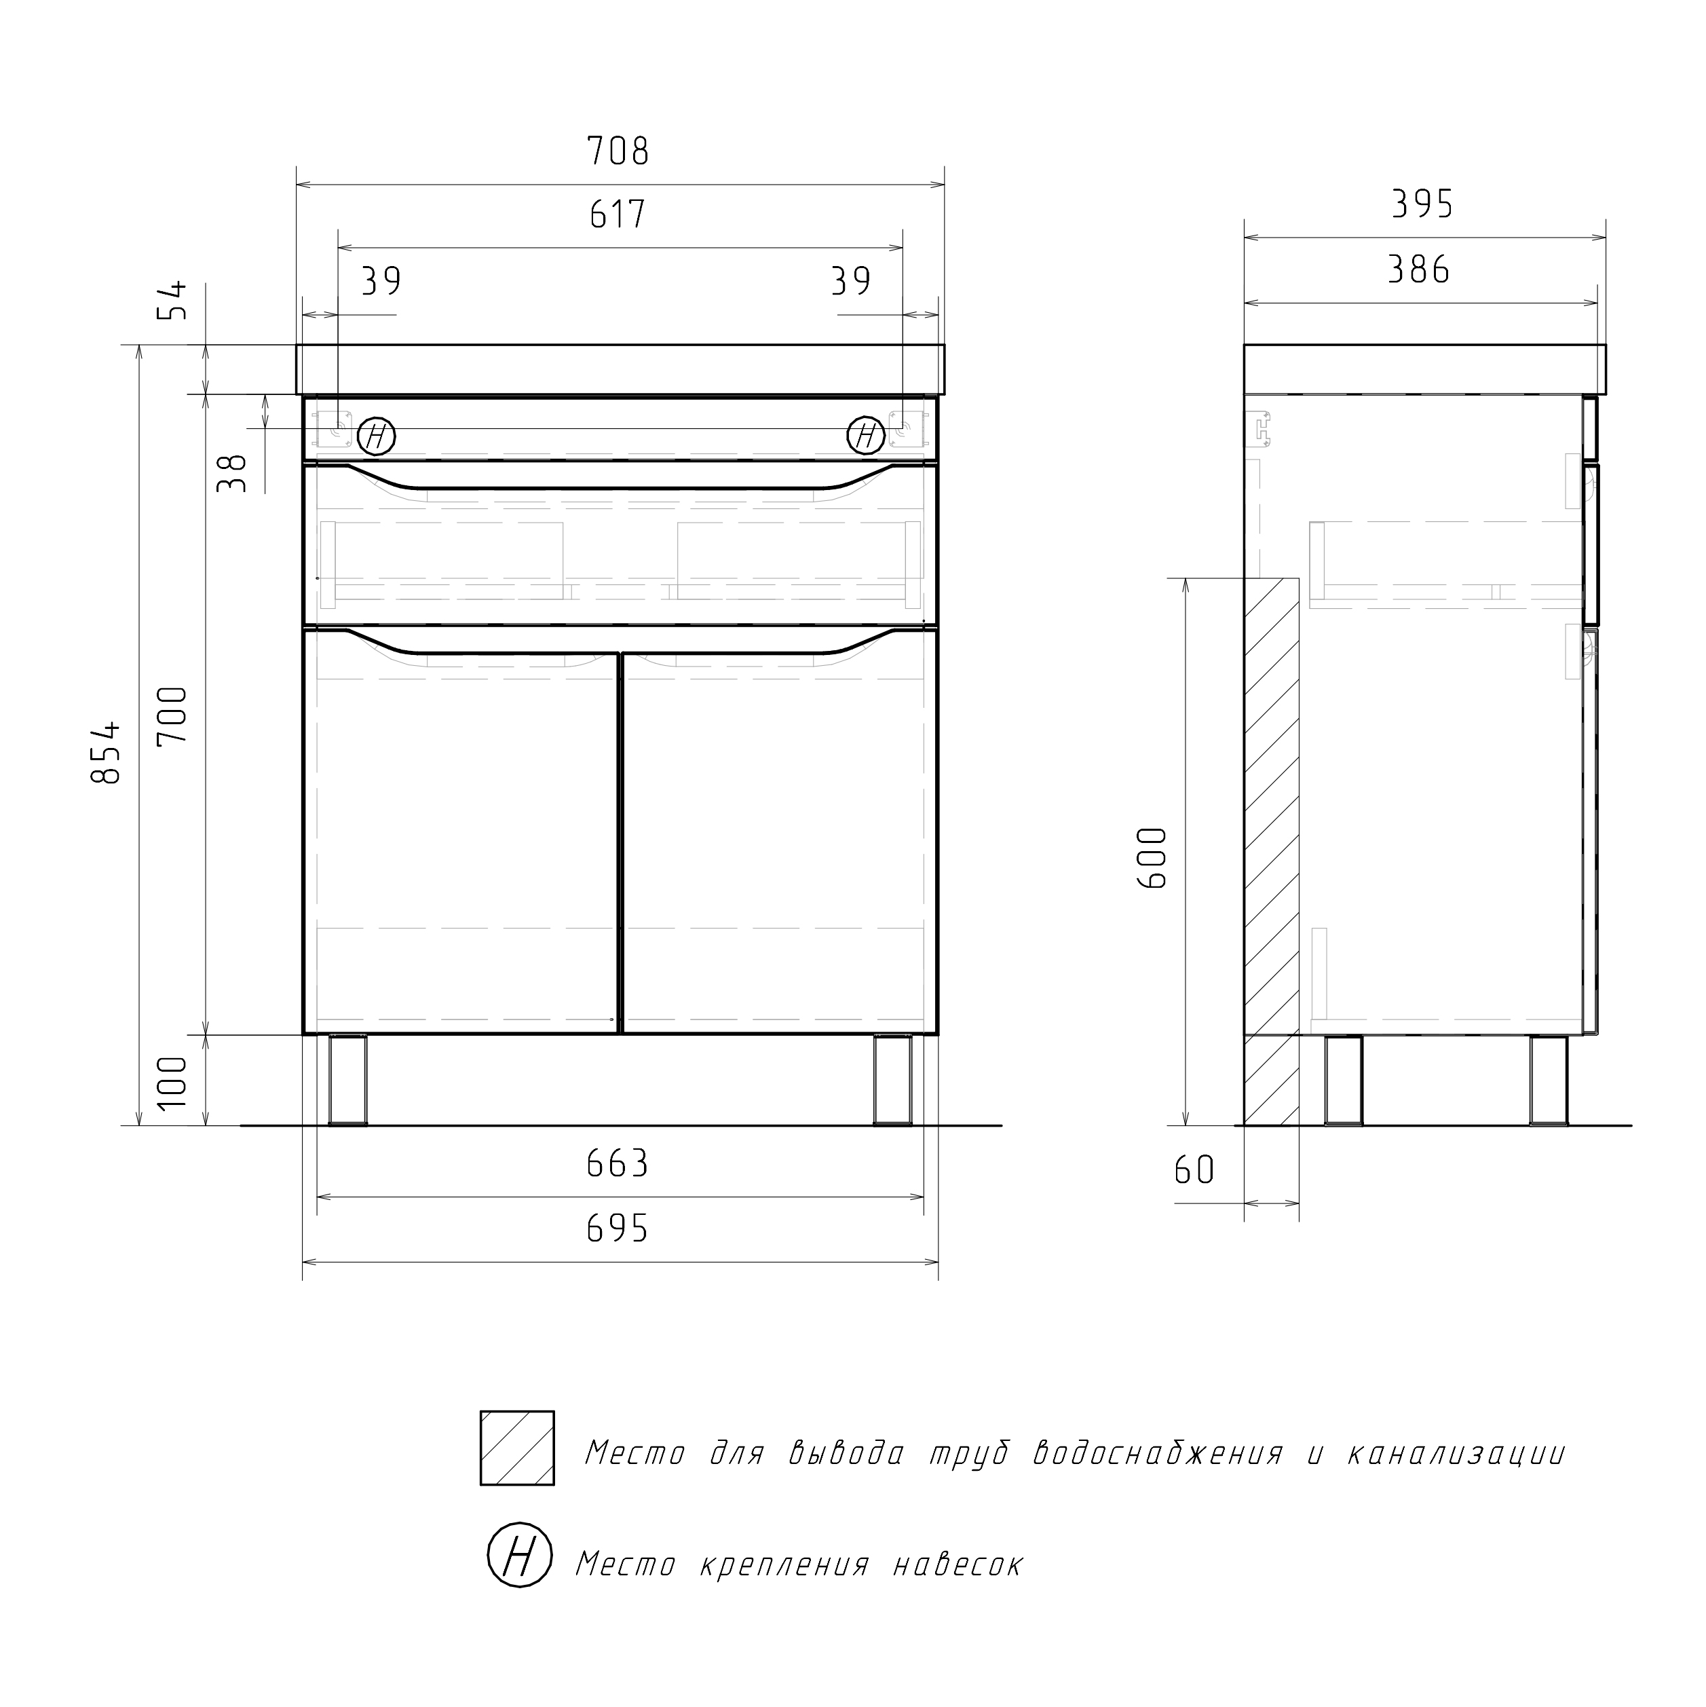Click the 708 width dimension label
click(x=618, y=151)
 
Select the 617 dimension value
click(x=618, y=214)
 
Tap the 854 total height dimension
click(x=105, y=752)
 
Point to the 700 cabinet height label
click(x=172, y=715)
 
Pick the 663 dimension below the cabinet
click(x=618, y=1163)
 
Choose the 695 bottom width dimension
click(x=618, y=1228)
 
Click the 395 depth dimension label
click(x=1422, y=204)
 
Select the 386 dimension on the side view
click(x=1419, y=269)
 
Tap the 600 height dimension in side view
click(x=1154, y=858)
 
